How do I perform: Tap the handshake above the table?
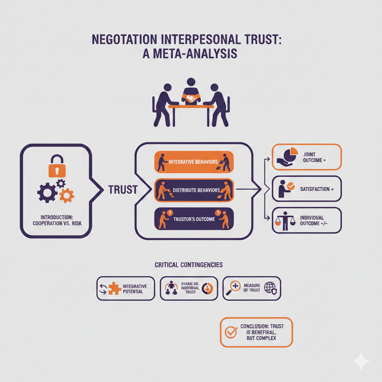pos(191,98)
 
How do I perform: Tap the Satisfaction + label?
pos(317,189)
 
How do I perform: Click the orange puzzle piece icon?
pos(114,288)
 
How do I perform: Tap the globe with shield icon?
pos(270,288)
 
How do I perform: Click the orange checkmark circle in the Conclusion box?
pos(231,332)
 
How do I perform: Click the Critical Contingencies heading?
pos(188,264)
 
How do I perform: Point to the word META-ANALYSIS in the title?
pos(190,54)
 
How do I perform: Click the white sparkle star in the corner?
pos(361,361)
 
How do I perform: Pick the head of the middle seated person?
pos(191,82)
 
